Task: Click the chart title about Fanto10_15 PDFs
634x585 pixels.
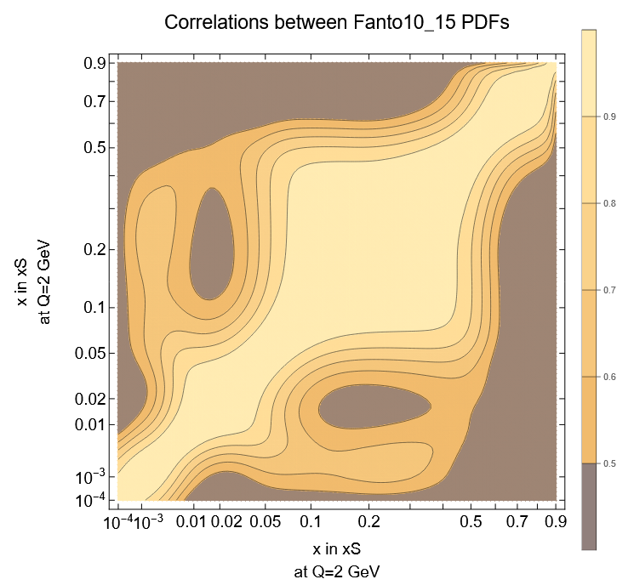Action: coord(337,24)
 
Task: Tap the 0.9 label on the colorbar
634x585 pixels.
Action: coord(609,116)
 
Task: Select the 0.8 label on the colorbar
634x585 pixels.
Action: coord(609,204)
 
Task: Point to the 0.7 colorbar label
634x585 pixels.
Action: coord(609,291)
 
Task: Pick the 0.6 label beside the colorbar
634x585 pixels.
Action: coord(609,377)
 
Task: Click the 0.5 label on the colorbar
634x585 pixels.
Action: coord(609,463)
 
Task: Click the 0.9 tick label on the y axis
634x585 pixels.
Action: coord(94,63)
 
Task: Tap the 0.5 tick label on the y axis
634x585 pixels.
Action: coord(94,147)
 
